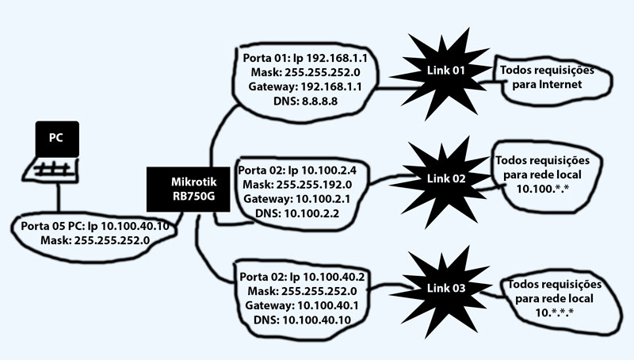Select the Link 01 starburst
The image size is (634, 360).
pyautogui.click(x=442, y=73)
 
